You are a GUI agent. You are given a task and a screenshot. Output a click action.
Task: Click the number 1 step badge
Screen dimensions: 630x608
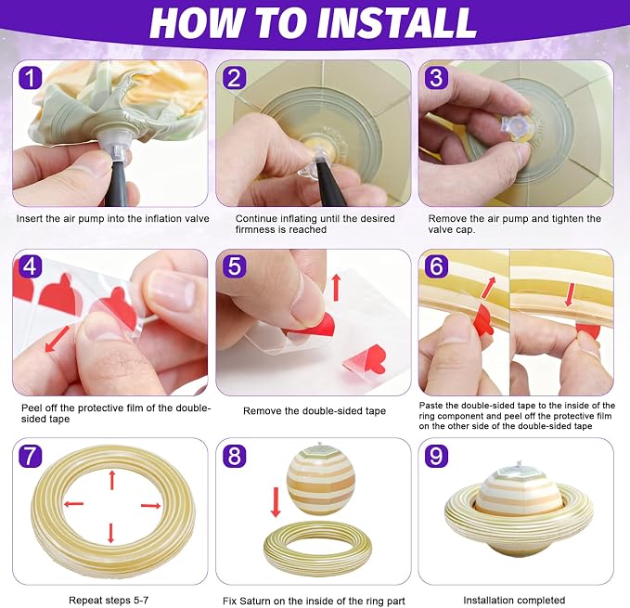[30, 78]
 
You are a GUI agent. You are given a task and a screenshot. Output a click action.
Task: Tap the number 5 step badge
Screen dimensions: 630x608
[234, 266]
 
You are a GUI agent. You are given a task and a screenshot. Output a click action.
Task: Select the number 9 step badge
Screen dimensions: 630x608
[436, 456]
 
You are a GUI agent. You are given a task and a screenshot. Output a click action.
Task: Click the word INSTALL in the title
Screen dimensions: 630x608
[396, 23]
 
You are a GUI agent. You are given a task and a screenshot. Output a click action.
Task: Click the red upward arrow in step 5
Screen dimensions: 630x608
[336, 287]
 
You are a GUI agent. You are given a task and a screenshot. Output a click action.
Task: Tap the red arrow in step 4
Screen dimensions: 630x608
[57, 339]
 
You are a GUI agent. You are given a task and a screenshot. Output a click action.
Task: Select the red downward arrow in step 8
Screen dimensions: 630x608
[276, 502]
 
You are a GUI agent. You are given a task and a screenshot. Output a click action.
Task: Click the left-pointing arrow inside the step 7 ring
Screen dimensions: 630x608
[74, 503]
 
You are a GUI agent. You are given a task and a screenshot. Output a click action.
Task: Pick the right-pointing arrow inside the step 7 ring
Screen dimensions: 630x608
[151, 506]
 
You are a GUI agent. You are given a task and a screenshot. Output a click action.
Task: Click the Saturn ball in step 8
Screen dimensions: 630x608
[321, 480]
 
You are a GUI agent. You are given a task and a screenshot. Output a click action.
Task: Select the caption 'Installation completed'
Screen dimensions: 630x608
[514, 600]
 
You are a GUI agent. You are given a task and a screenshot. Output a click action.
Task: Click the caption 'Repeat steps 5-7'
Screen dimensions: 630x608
[109, 600]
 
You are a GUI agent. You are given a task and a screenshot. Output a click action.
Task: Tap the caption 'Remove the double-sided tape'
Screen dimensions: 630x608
[315, 410]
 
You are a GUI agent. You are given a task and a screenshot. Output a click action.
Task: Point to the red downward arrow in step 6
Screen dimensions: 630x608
[570, 294]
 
